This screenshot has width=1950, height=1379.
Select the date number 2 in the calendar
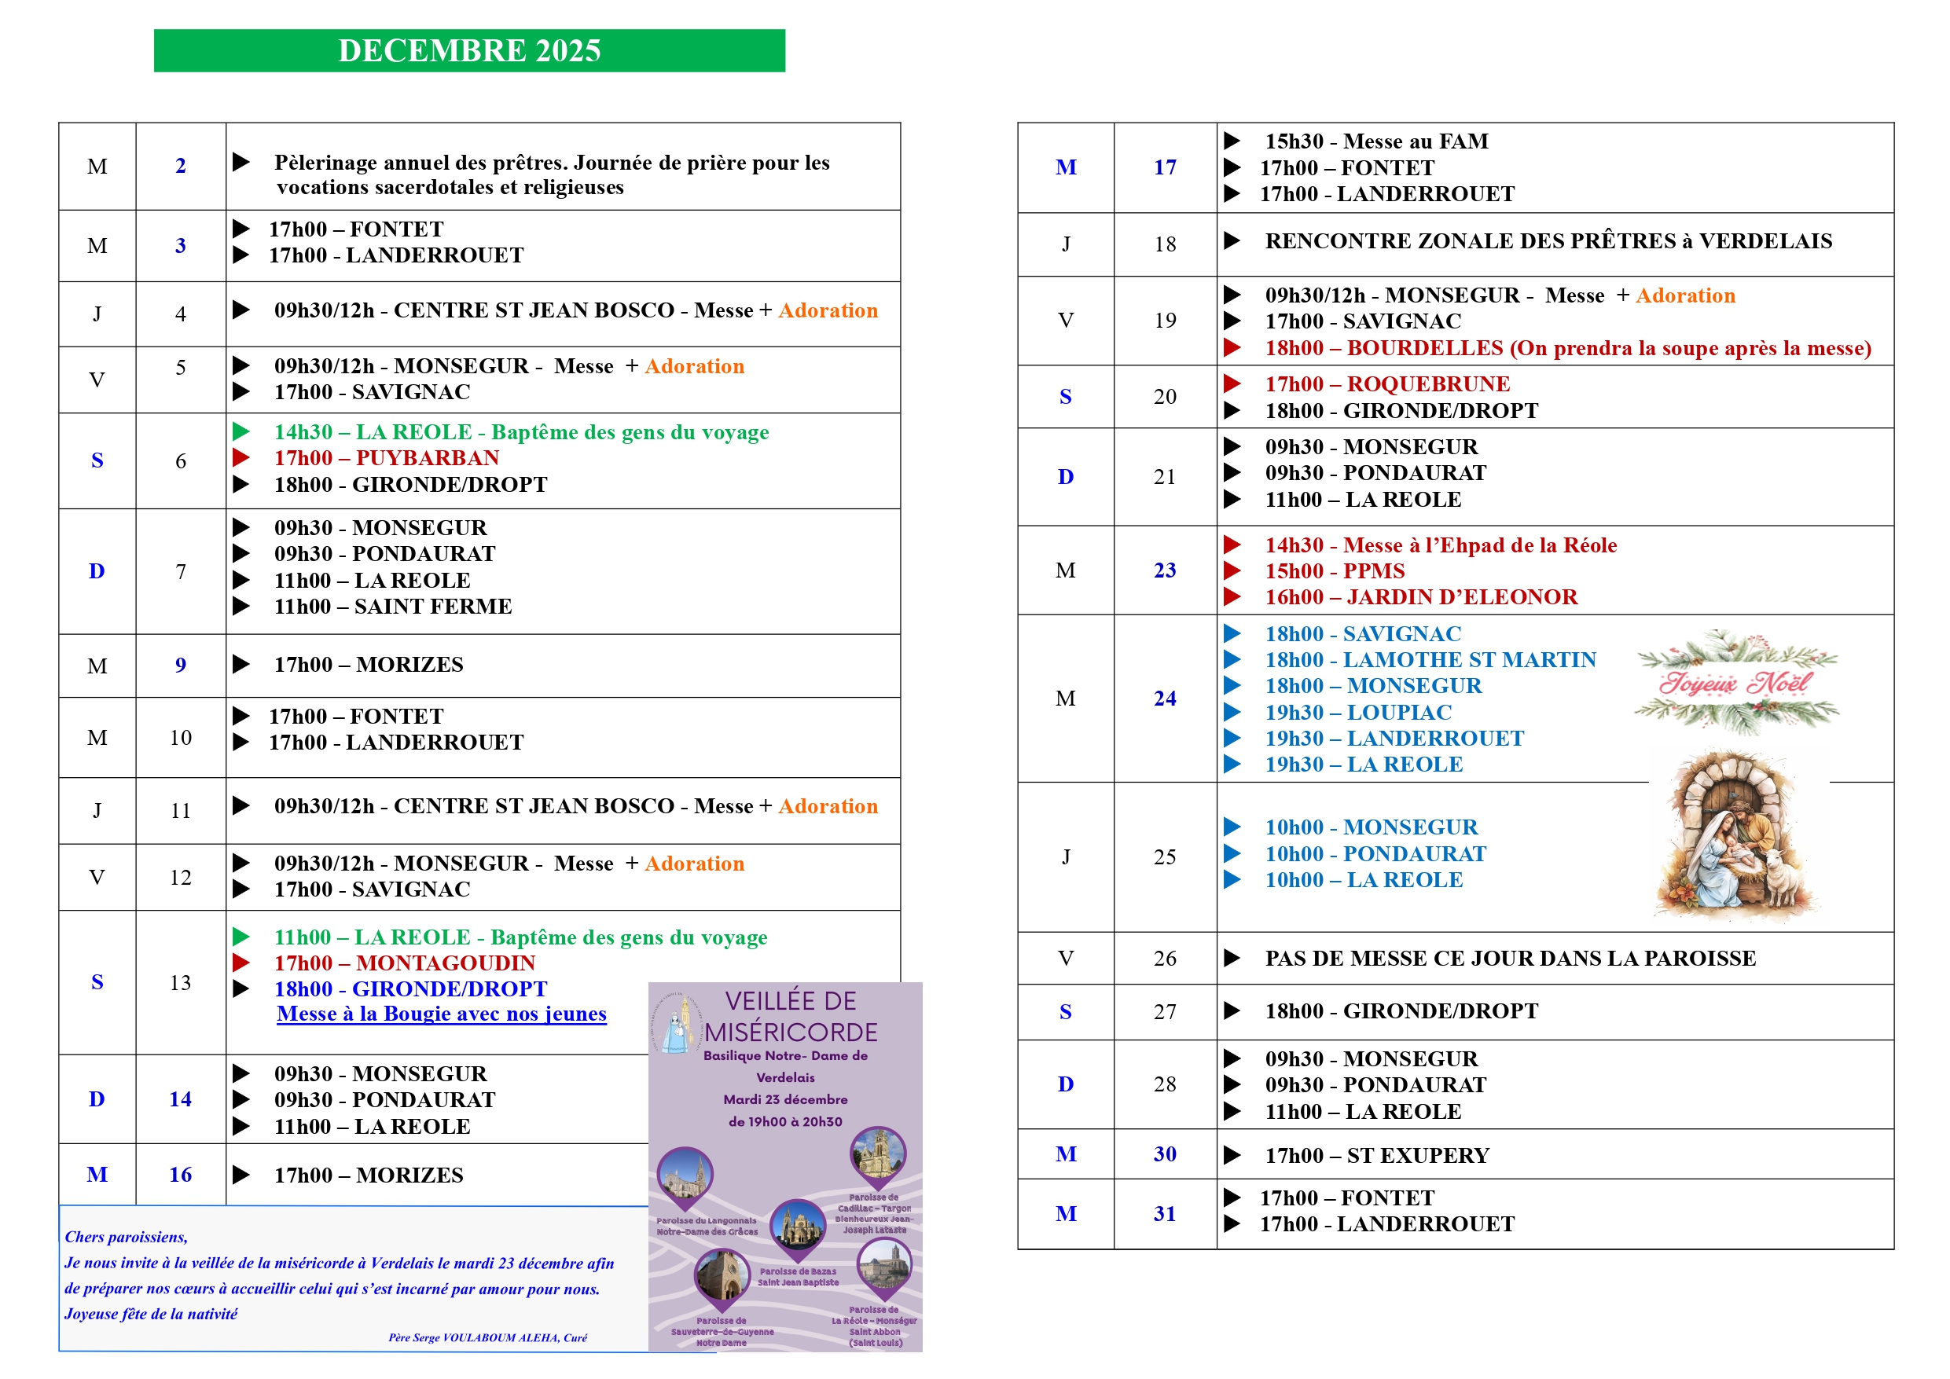point(180,166)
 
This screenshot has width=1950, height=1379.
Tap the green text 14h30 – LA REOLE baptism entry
point(520,432)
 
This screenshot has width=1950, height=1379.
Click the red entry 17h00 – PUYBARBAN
point(387,459)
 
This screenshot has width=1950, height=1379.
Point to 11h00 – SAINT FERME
point(392,607)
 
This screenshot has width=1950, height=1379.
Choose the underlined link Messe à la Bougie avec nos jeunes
point(442,1014)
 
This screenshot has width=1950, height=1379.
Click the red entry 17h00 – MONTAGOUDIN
point(404,963)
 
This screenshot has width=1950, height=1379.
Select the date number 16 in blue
point(180,1175)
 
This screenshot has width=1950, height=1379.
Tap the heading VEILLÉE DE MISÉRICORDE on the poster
point(791,1017)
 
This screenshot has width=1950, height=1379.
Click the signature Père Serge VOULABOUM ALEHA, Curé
point(487,1337)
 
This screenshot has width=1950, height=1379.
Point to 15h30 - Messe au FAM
point(1376,141)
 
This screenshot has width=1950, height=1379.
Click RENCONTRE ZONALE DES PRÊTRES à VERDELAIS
point(1548,241)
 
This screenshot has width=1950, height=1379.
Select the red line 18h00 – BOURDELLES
point(1567,348)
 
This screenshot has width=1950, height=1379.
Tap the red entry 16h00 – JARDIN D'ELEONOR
point(1420,597)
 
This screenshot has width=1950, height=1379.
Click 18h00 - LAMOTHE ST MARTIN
point(1430,660)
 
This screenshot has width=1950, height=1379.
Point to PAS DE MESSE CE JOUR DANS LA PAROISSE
point(1510,959)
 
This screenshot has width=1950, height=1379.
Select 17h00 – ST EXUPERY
point(1376,1156)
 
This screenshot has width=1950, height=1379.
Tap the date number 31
point(1164,1213)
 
